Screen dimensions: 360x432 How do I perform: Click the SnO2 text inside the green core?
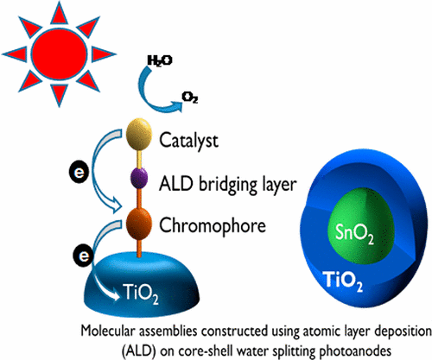[x=353, y=232]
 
